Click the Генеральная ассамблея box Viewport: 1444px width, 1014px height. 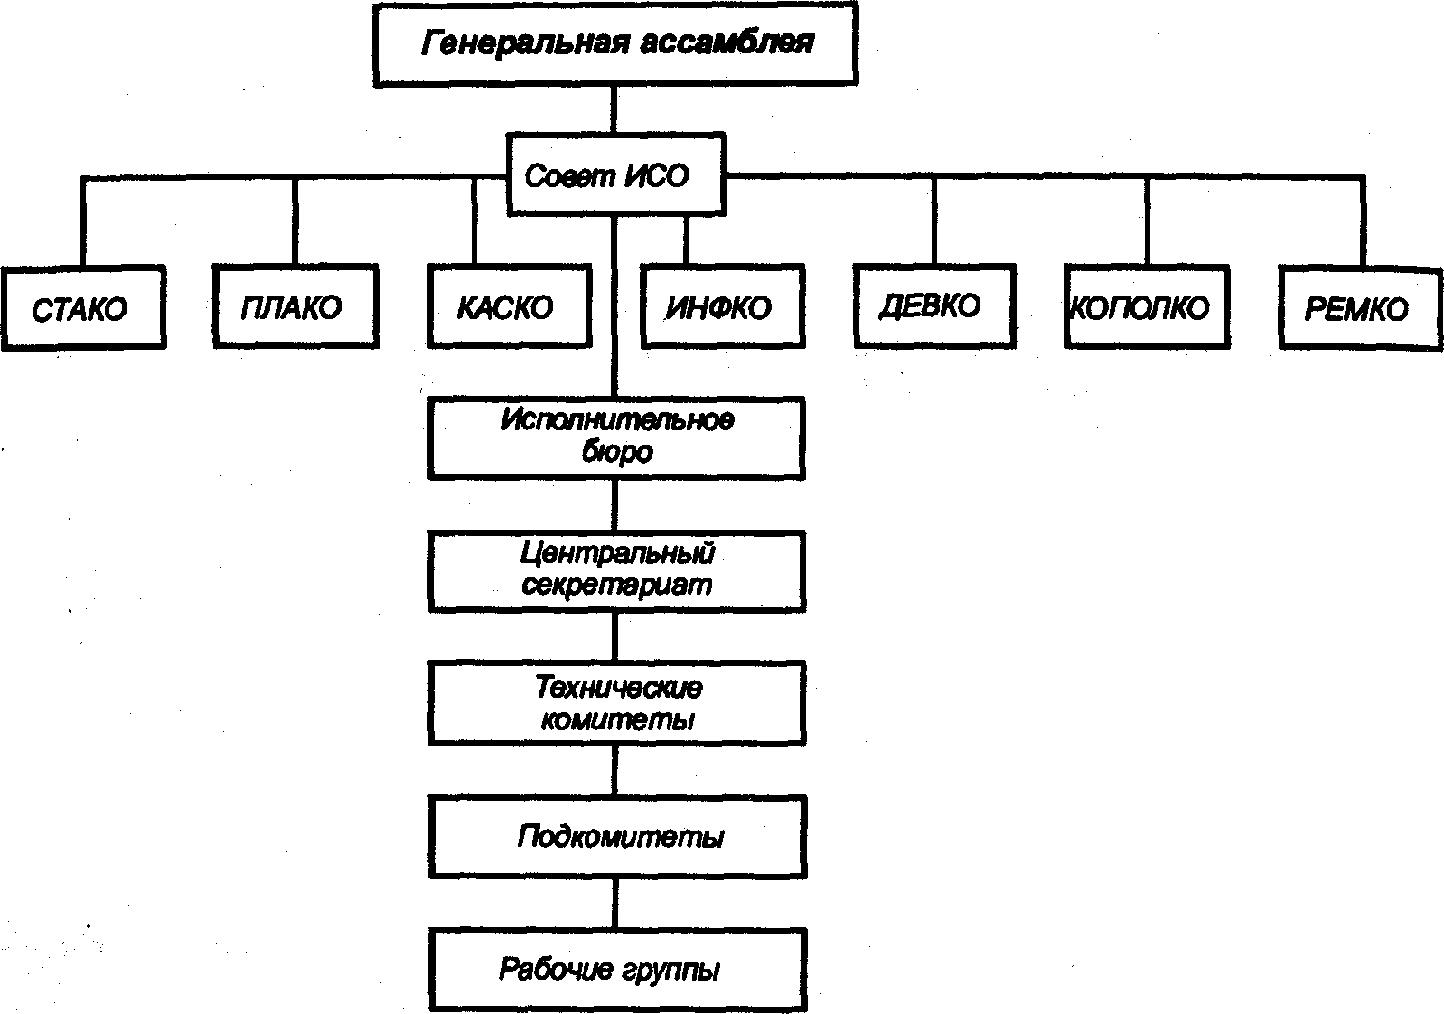pyautogui.click(x=615, y=44)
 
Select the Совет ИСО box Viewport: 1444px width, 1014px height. pyautogui.click(x=615, y=175)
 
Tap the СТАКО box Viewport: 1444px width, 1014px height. pyautogui.click(x=82, y=308)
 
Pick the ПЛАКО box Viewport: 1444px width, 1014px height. pyautogui.click(x=295, y=308)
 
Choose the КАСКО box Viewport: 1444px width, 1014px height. pyautogui.click(x=509, y=306)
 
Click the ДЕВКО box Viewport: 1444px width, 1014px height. pyautogui.click(x=934, y=305)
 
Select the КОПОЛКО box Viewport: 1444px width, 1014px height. pyautogui.click(x=1146, y=306)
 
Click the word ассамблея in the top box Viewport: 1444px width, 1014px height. pyautogui.click(x=728, y=43)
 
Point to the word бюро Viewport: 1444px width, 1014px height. pyautogui.click(x=618, y=452)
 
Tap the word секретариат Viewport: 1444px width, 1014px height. pyautogui.click(x=618, y=586)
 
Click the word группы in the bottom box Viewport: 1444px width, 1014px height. pyautogui.click(x=671, y=971)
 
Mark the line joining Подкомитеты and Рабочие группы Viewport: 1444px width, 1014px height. pyautogui.click(x=615, y=904)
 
